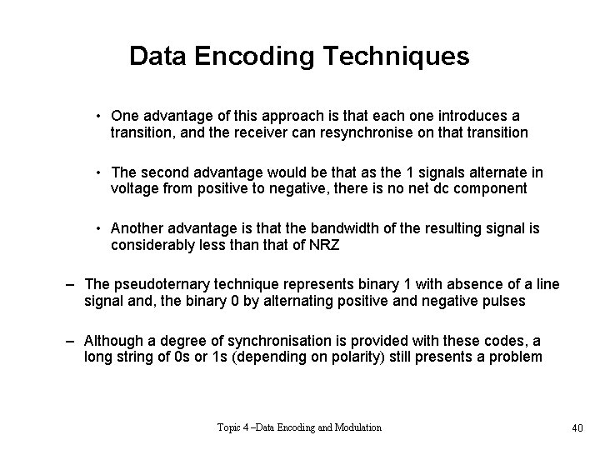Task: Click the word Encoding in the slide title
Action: pos(244,57)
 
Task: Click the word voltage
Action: pos(134,188)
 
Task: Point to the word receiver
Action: pos(238,132)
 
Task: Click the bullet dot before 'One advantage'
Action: pos(98,117)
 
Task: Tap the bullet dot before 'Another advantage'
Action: pos(98,228)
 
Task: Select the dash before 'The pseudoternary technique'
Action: pos(72,285)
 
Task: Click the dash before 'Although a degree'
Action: pos(72,342)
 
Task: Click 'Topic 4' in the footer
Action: pos(234,427)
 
